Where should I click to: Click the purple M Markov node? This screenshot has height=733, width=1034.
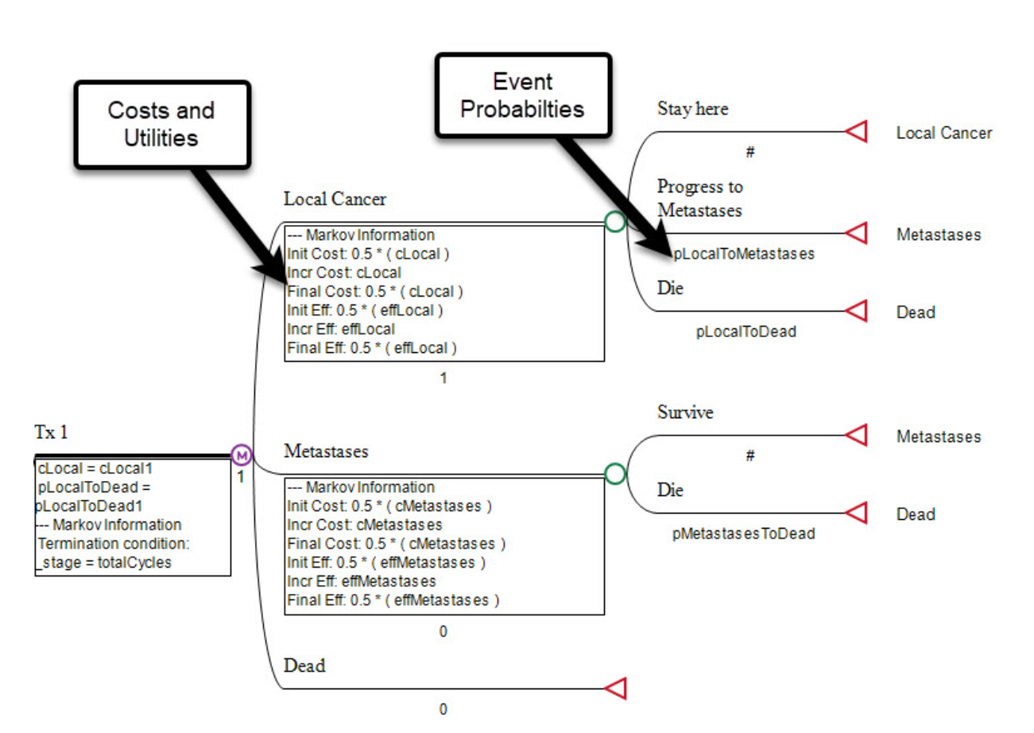click(242, 455)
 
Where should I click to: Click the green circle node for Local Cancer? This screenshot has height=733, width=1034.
click(614, 222)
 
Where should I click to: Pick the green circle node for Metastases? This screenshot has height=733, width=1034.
click(614, 474)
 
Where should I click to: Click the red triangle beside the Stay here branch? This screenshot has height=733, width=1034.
click(856, 132)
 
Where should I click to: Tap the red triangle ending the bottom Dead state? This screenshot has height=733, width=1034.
click(617, 688)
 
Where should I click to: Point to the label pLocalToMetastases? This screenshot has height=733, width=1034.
click(743, 254)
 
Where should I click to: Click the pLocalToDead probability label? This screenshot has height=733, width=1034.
click(745, 332)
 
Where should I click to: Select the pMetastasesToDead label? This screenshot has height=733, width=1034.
click(743, 534)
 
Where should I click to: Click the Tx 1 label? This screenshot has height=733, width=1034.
click(51, 432)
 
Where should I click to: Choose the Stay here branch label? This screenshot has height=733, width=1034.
click(692, 109)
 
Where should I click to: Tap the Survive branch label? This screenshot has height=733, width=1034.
click(685, 413)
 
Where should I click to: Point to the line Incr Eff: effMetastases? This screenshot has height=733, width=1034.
click(362, 581)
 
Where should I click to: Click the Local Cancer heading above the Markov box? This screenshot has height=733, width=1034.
click(335, 200)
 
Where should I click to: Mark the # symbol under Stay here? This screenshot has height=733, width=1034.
click(749, 153)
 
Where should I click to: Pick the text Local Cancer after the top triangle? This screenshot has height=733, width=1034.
click(943, 134)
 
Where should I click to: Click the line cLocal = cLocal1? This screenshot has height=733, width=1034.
click(95, 469)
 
